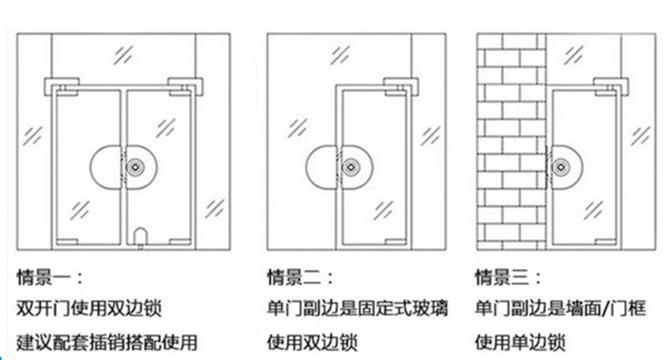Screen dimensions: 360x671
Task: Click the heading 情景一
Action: [49, 276]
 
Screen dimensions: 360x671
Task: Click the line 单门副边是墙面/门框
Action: [560, 309]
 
